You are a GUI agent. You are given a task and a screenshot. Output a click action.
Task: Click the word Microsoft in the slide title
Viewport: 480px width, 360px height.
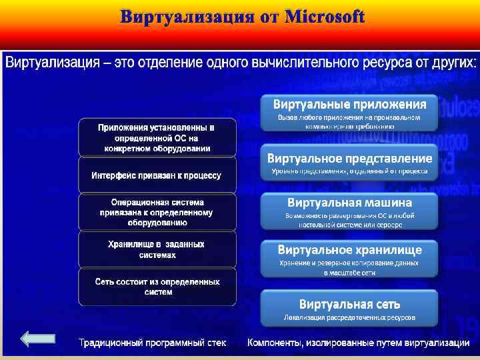[x=325, y=17]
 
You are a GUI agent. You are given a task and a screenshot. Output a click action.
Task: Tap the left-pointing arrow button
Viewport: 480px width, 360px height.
[x=38, y=339]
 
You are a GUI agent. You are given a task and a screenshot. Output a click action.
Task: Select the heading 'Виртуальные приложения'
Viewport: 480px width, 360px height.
[x=349, y=104]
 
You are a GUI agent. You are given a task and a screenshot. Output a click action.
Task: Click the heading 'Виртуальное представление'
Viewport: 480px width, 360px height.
[x=349, y=159]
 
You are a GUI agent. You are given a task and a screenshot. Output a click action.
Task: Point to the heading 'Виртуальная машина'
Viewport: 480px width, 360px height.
[x=349, y=202]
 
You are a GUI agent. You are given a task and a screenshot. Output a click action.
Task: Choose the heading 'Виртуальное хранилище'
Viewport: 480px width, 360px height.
[x=349, y=250]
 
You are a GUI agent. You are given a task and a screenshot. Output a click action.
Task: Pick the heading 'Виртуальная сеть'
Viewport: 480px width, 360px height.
[x=349, y=304]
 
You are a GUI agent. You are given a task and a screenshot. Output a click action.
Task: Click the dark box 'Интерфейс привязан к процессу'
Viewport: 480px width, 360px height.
[x=157, y=175]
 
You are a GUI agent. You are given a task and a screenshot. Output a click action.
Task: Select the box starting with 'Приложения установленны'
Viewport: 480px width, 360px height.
[x=157, y=137]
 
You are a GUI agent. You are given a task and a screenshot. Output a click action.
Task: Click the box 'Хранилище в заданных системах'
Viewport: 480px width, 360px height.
[x=157, y=249]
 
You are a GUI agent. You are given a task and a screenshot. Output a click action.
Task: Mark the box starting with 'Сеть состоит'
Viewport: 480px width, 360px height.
[x=157, y=287]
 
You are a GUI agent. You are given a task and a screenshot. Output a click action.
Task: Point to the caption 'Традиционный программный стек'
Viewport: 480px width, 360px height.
[x=153, y=343]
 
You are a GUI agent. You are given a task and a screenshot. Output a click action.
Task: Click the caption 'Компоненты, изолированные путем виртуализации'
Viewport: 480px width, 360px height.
[x=358, y=343]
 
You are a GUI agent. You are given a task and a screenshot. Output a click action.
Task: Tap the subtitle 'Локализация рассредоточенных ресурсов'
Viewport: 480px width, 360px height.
[x=349, y=317]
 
